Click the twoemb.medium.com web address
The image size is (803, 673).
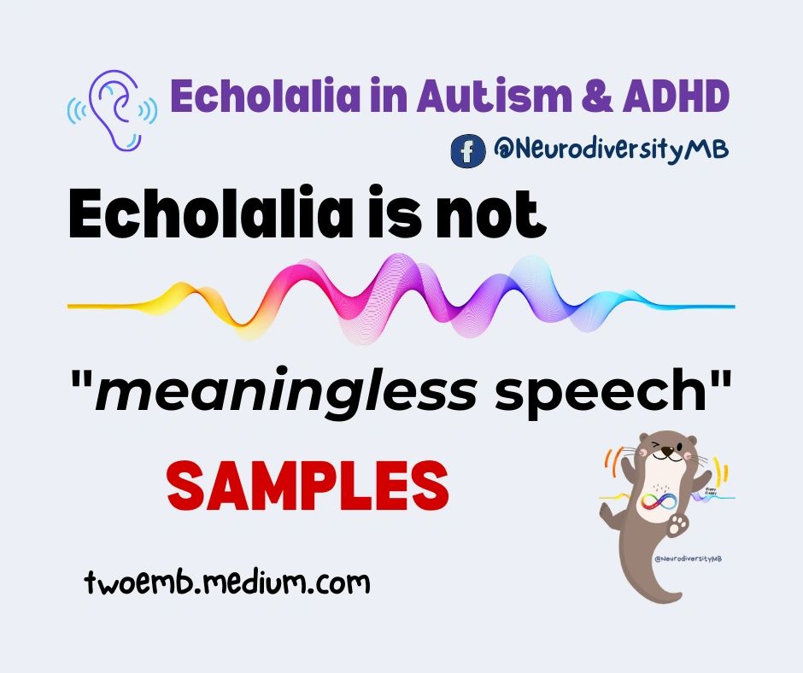(x=228, y=582)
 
